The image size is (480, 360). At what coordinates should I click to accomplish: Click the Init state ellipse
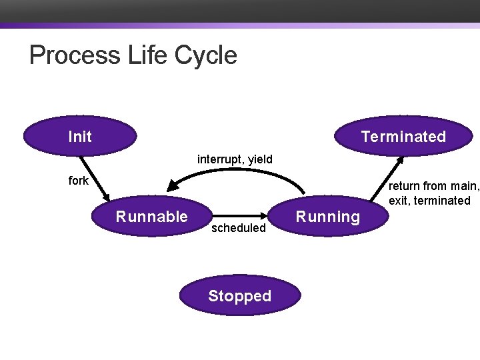pyautogui.click(x=80, y=136)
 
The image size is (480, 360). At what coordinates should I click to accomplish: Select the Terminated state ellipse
pyautogui.click(x=403, y=136)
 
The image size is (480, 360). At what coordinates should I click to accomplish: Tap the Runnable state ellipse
pyautogui.click(x=152, y=216)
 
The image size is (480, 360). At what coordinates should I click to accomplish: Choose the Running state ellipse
pyautogui.click(x=327, y=217)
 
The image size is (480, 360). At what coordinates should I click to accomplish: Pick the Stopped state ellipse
pyautogui.click(x=239, y=296)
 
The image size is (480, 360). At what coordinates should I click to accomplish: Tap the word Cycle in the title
pyautogui.click(x=206, y=55)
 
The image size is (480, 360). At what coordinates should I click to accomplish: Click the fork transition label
pyautogui.click(x=78, y=180)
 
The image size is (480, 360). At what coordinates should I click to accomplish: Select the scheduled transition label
pyautogui.click(x=238, y=228)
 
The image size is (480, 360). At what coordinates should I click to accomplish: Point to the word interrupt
pyautogui.click(x=221, y=159)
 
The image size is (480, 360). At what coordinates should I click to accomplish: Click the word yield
pyautogui.click(x=260, y=159)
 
